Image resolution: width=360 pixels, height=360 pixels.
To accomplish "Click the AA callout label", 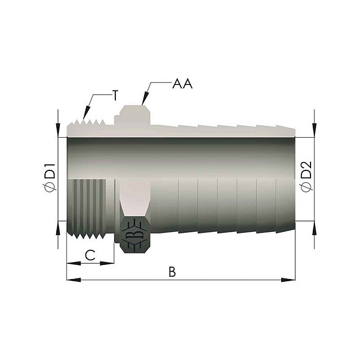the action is click(182, 84).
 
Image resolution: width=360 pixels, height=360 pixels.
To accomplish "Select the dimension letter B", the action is click(172, 272).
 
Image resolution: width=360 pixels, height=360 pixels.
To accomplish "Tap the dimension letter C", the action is click(90, 255).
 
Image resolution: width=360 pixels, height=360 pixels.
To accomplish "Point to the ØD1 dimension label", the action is click(50, 178).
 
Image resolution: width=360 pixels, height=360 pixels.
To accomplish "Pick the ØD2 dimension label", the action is click(306, 177).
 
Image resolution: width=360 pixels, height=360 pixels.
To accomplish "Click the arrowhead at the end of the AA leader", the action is click(145, 99).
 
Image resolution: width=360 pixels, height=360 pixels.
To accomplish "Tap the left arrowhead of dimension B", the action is click(74, 280).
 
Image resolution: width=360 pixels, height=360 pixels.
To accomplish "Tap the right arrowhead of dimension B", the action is click(289, 280).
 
